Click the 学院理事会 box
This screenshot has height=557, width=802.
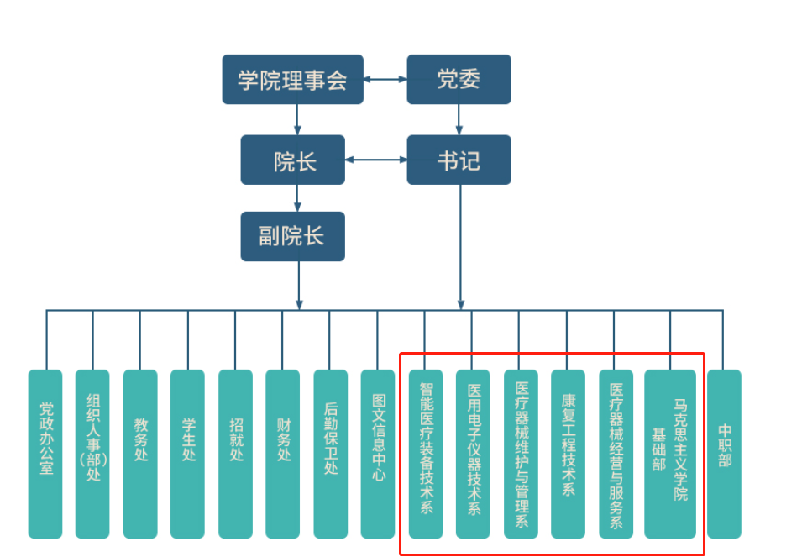pos(292,80)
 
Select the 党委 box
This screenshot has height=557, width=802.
pos(459,80)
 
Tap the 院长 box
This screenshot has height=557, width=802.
pos(292,160)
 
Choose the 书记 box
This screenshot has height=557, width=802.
pos(459,160)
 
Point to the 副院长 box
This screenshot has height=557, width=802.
pos(292,236)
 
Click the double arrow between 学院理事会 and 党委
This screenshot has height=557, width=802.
pos(385,80)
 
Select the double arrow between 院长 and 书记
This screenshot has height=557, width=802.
pos(376,160)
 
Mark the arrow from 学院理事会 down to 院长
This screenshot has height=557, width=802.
pos(297,119)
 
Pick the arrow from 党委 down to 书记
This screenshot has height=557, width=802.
pos(459,119)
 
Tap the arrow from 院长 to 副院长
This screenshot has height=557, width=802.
pos(297,198)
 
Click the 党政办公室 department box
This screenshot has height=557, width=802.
pos(45,454)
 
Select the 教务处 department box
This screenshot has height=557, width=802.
pos(140,454)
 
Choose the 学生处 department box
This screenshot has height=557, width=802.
pos(187,454)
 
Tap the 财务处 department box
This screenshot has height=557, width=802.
pos(282,454)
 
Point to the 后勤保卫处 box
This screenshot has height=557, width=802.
pos(330,454)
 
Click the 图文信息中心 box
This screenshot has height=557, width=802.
pos(378,454)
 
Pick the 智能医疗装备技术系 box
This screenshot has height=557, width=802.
pos(426,454)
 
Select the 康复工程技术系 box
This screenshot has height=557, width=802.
pos(568,454)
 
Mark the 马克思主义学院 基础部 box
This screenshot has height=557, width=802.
pos(670,454)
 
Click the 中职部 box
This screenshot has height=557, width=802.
pos(724,454)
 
